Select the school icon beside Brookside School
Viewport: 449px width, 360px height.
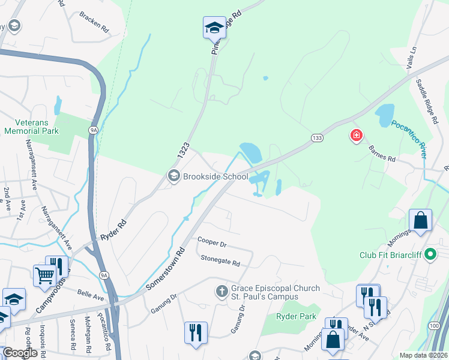pyautogui.click(x=173, y=176)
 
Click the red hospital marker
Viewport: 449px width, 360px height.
pyautogui.click(x=357, y=136)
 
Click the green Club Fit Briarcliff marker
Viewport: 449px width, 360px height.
pyautogui.click(x=430, y=255)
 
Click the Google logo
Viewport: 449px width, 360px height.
pyautogui.click(x=20, y=353)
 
